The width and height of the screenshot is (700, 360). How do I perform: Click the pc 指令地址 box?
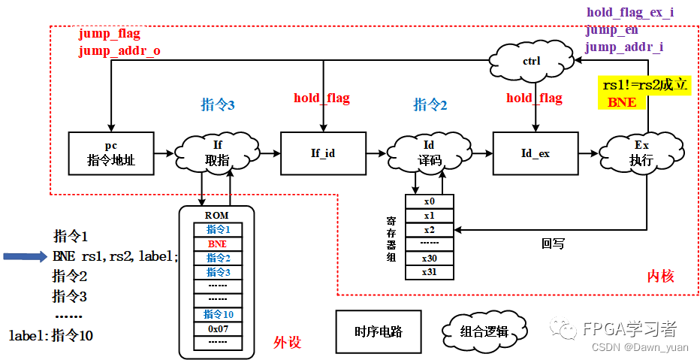(x=110, y=153)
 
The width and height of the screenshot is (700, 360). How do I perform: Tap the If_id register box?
(x=323, y=153)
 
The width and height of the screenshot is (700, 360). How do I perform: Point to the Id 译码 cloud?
(x=429, y=153)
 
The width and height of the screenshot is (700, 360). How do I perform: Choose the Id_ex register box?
(x=536, y=153)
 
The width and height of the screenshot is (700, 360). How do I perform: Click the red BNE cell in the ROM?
(x=218, y=244)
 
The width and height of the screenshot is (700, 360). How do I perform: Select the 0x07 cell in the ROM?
(x=218, y=328)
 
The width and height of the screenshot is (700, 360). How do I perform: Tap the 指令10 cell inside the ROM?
(x=218, y=314)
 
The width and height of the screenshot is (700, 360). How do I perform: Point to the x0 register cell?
(x=429, y=201)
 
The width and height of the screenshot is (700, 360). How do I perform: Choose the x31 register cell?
(x=429, y=271)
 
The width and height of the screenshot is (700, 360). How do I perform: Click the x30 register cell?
(x=429, y=258)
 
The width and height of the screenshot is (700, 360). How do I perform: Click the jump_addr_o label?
(x=119, y=51)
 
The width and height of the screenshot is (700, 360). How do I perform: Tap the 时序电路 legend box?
(x=378, y=331)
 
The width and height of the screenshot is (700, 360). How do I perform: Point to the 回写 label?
(x=553, y=244)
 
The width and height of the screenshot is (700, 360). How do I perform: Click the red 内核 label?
(x=660, y=277)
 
